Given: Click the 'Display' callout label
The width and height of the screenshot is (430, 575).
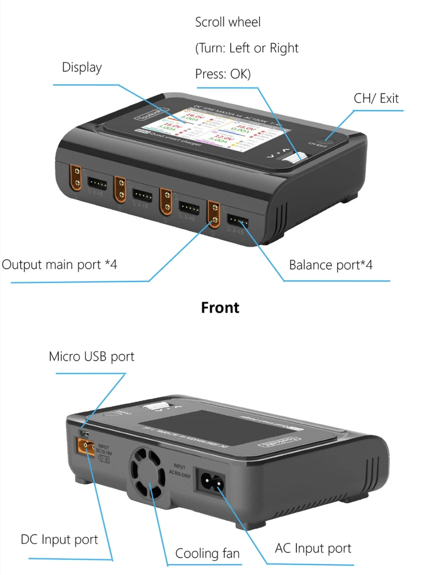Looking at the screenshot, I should (x=82, y=68).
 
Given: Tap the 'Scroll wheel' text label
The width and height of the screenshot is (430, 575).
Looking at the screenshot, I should (x=228, y=22).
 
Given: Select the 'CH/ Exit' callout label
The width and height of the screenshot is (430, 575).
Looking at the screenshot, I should (x=376, y=99).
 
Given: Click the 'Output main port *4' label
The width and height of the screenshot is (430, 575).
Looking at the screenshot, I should (x=59, y=265).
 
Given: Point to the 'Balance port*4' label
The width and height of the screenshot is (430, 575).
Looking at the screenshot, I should (x=331, y=265).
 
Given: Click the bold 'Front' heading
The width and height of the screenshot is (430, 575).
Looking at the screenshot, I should (x=220, y=308).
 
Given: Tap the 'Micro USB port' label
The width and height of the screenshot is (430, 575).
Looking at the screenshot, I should (x=91, y=357).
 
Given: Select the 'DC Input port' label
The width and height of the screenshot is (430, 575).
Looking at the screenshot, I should (x=59, y=540).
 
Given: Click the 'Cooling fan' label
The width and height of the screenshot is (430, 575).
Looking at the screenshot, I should (x=207, y=553).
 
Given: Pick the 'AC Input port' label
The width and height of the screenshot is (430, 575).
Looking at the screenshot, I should (x=313, y=548).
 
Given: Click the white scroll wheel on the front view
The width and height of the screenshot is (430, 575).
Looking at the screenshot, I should (x=298, y=157).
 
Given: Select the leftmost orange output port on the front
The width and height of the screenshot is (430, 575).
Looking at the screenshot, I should (x=76, y=178).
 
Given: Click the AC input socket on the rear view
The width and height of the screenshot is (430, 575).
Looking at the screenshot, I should (x=212, y=482).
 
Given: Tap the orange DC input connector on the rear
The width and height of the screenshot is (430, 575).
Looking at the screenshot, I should (x=85, y=447).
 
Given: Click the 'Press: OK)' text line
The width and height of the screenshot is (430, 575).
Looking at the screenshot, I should (x=223, y=74).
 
